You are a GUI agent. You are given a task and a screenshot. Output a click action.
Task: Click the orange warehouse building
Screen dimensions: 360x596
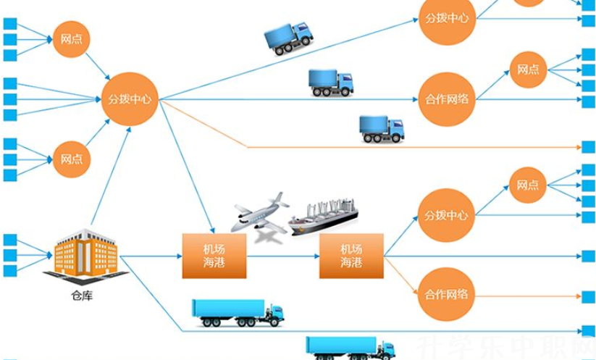85,254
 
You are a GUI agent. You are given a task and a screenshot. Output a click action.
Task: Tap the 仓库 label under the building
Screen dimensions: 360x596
82,296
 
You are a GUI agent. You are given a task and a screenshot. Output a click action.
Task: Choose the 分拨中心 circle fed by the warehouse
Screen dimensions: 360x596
130,99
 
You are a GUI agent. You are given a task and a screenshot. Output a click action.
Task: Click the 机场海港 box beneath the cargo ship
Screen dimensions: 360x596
351,256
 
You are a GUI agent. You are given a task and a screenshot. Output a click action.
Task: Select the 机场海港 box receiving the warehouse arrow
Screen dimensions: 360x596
214,256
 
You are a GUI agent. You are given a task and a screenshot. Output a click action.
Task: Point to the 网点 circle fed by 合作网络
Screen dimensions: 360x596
528,70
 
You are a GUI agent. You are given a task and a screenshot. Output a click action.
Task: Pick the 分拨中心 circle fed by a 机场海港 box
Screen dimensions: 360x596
447,215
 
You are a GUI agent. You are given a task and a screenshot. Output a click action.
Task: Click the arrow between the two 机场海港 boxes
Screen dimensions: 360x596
282,256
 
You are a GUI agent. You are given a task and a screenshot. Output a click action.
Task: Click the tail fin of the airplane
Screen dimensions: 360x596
278,198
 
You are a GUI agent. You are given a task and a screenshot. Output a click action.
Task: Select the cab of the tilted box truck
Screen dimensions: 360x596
303,31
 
